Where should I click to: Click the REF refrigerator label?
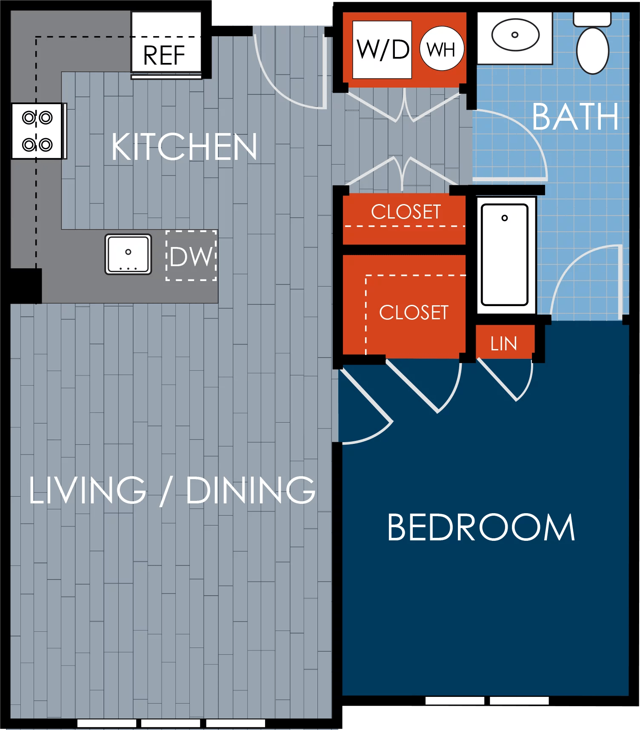pos(164,56)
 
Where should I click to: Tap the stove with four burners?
pos(37,131)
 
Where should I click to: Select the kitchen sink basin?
pos(128,254)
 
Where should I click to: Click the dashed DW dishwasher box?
pos(191,256)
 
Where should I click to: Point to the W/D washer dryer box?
pos(382,50)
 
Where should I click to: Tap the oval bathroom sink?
pos(515,35)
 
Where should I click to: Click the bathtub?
pos(505,254)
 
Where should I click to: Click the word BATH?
pos(575,117)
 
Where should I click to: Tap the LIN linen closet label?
pos(504,344)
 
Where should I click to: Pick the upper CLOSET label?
pos(406,212)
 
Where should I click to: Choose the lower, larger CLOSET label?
pos(414,312)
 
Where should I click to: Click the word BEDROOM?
pos(481,528)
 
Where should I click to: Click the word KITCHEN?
pos(184,147)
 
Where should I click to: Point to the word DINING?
pos(251,490)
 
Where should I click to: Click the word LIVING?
pos(87,490)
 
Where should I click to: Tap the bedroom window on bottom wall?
pos(487,700)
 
